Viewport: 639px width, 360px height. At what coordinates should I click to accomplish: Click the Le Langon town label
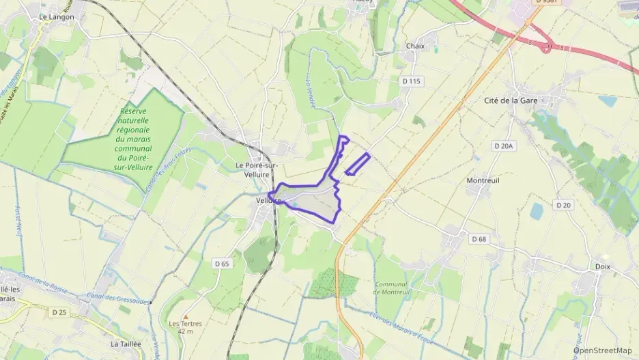click(x=56, y=16)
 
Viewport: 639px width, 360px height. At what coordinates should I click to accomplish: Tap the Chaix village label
click(x=415, y=46)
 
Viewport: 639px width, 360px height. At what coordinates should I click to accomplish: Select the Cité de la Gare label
click(x=511, y=100)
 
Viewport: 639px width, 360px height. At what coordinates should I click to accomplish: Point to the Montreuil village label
click(x=483, y=181)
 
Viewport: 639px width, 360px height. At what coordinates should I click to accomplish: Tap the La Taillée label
click(x=126, y=344)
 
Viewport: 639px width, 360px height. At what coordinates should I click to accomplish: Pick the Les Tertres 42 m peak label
click(x=181, y=327)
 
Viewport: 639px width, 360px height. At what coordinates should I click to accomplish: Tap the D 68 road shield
click(x=479, y=239)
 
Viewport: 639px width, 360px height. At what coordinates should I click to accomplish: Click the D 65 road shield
click(x=221, y=263)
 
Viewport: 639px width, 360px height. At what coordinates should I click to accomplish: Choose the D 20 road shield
click(x=563, y=205)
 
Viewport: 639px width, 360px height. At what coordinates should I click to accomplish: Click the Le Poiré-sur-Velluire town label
click(x=259, y=169)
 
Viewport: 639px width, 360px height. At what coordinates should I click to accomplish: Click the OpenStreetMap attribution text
click(x=601, y=350)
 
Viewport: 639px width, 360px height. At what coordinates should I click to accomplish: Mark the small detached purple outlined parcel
click(x=357, y=165)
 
